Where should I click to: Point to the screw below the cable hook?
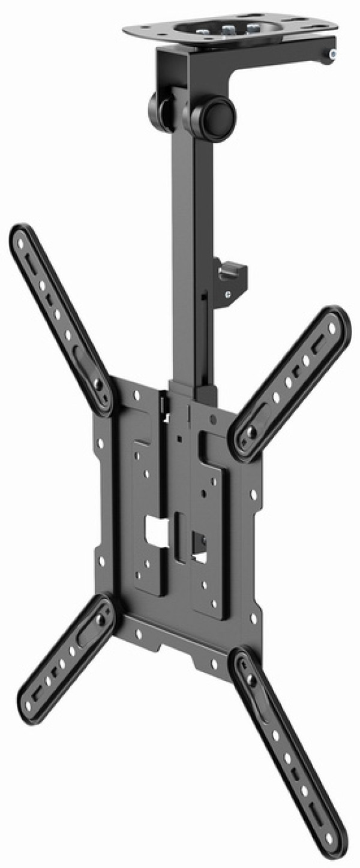(227, 294)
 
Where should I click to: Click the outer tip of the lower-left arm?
(28, 702)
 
